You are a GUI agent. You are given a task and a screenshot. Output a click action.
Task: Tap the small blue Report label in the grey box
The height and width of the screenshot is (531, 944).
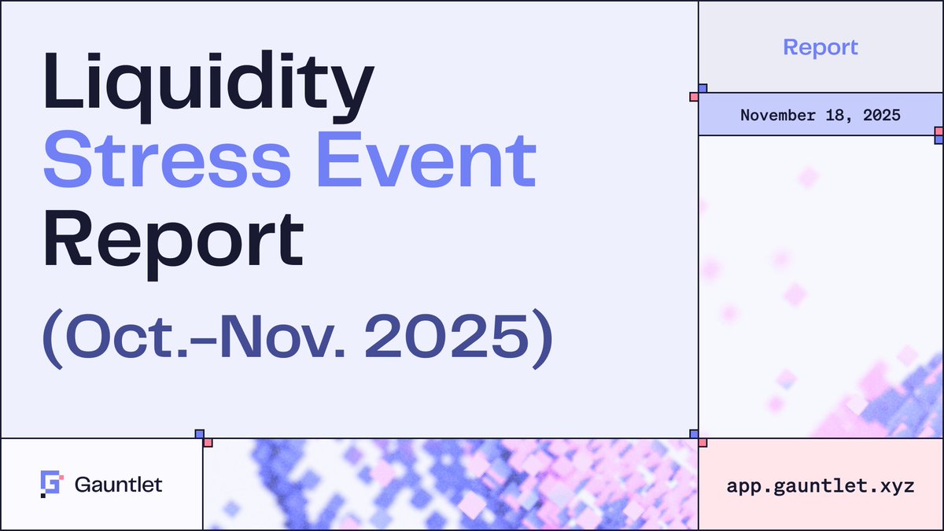pos(820,47)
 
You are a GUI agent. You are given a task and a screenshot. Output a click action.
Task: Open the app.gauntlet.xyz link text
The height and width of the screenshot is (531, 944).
pos(820,485)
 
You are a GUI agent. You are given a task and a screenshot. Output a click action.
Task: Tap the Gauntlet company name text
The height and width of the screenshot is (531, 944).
pos(119,485)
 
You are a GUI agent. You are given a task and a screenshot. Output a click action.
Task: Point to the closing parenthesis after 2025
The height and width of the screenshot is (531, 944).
pos(542,338)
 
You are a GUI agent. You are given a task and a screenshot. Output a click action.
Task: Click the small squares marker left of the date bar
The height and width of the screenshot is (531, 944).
pos(698,93)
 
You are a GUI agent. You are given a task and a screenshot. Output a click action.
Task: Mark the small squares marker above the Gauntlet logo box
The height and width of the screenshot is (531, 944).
pos(204,438)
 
